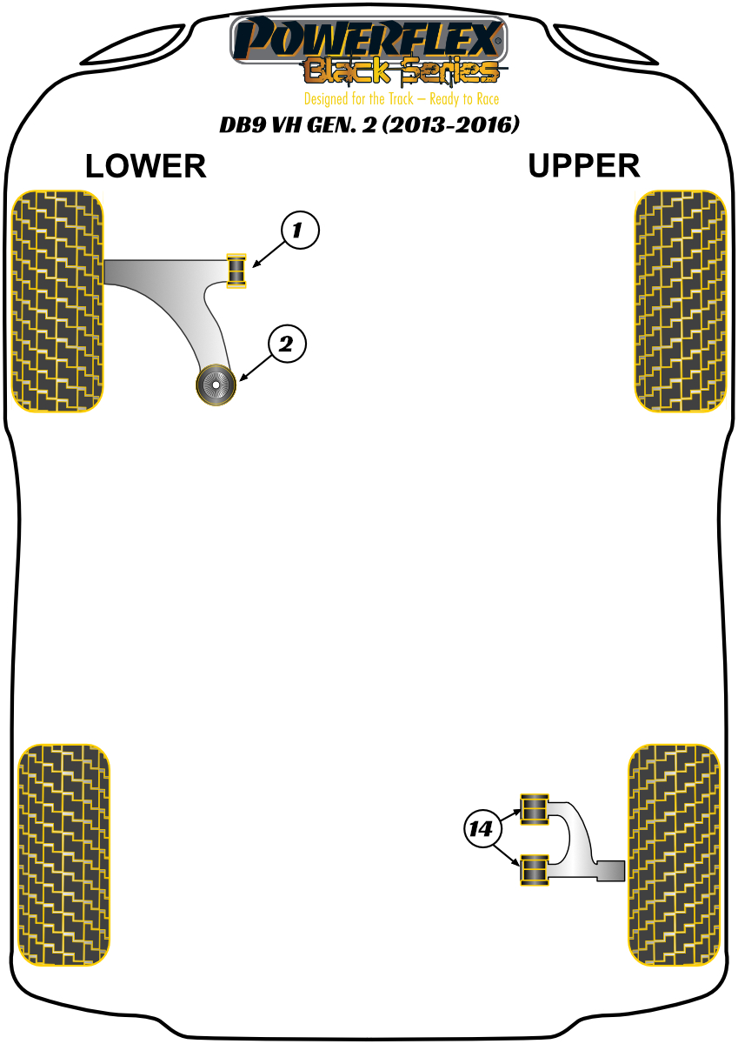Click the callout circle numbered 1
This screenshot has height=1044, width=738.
click(300, 231)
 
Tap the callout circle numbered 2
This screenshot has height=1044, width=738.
click(288, 345)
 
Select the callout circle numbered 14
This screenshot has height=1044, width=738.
click(482, 829)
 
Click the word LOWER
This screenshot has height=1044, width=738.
click(146, 166)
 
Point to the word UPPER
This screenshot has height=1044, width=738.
click(583, 165)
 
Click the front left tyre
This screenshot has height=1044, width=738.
click(57, 300)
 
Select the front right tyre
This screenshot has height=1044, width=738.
click(680, 301)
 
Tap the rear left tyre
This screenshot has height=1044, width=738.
click(64, 854)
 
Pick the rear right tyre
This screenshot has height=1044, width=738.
click(675, 854)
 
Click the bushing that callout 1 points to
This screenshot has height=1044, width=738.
click(236, 270)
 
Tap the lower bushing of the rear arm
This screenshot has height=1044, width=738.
click(534, 870)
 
